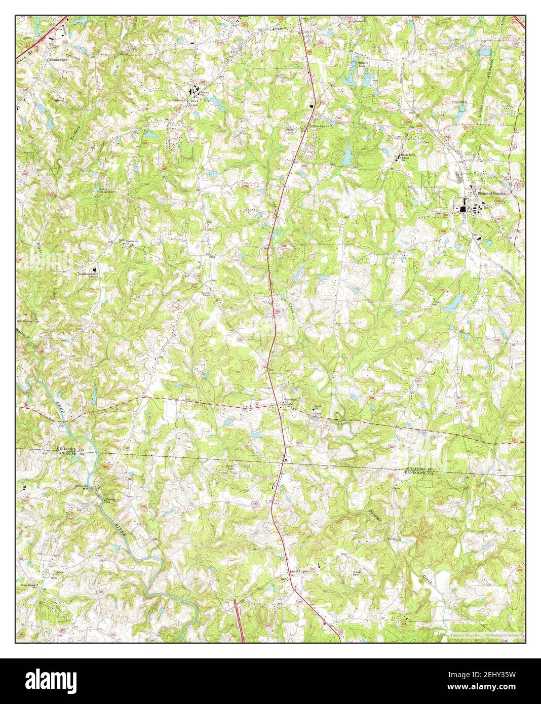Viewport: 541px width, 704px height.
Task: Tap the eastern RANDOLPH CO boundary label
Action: (x=420, y=474)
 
